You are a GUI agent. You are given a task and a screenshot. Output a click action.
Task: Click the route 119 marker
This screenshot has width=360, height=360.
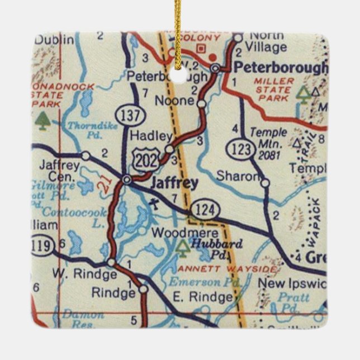pos(44,245)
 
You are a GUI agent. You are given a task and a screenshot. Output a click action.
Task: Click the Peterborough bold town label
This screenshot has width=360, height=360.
pos(281,68)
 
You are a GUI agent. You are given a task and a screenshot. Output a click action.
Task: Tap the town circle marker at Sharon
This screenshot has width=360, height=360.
pos(265,182)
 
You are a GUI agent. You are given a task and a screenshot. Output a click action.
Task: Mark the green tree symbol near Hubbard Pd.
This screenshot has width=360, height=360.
pos(182,248)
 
